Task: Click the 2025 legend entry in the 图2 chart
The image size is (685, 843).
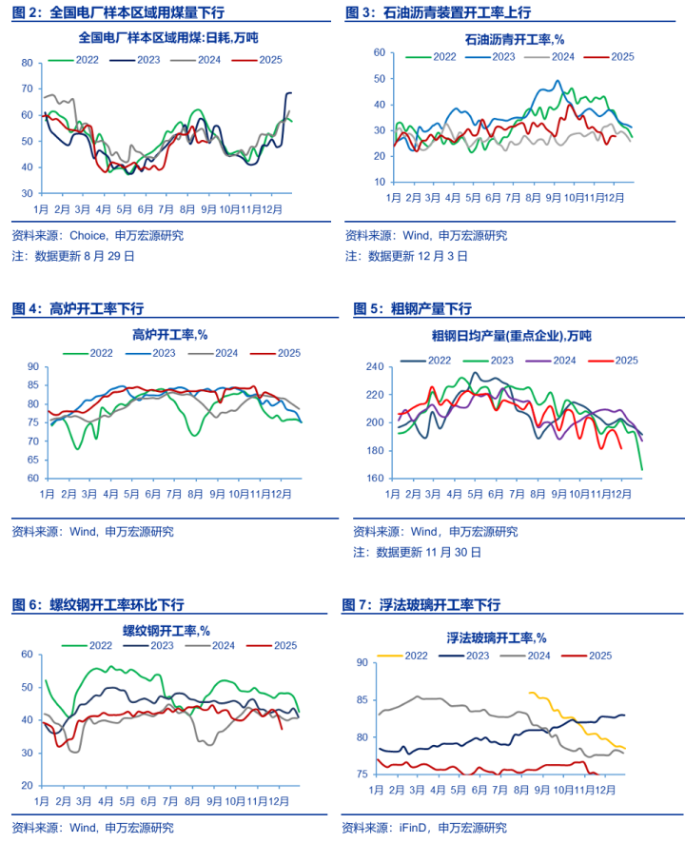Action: (257, 58)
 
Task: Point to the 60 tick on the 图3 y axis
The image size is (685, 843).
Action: (379, 53)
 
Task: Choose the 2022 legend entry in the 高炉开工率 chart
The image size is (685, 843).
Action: (94, 353)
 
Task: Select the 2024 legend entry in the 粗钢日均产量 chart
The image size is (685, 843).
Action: (557, 360)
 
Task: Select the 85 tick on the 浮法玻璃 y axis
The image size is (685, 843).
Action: (362, 700)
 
